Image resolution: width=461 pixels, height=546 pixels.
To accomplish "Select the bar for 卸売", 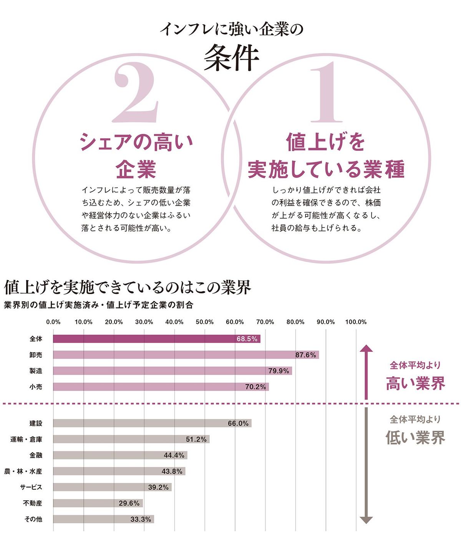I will tap(186, 355).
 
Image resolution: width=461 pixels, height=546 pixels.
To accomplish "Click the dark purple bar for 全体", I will tap(156, 339).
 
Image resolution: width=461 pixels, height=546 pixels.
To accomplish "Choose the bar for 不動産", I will tap(98, 503).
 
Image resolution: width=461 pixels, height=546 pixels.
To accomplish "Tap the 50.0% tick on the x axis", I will tap(204, 322).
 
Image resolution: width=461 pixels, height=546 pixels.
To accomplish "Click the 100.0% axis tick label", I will tap(356, 322).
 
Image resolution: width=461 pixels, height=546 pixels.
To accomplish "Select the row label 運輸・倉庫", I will tap(27, 439).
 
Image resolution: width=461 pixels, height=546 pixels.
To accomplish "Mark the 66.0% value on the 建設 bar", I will tap(238, 423).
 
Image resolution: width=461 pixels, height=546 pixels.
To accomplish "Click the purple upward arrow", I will tap(366, 371).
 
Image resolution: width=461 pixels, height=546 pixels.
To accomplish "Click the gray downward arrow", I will tap(366, 465).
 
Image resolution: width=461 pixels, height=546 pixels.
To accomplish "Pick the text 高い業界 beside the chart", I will tap(415, 383).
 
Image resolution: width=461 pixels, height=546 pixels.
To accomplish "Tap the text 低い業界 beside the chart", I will tap(415, 438).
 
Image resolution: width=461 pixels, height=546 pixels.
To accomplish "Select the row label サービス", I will tap(31, 487).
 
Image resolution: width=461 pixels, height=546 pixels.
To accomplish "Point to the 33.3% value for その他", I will tap(141, 519).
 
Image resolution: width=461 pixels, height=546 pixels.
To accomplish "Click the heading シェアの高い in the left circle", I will tap(136, 142).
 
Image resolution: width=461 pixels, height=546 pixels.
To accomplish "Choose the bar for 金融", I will tap(120, 455).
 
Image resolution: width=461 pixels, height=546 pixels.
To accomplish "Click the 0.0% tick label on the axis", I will tap(53, 322).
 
